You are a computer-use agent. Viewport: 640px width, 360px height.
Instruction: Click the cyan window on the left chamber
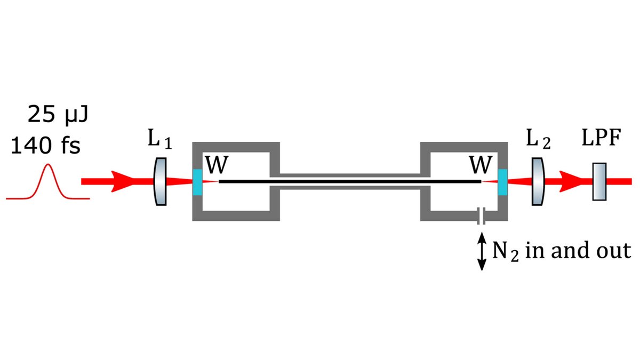click(x=198, y=182)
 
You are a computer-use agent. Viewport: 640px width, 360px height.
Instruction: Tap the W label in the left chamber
click(x=215, y=166)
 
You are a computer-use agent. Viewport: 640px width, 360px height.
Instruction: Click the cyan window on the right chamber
click(x=501, y=182)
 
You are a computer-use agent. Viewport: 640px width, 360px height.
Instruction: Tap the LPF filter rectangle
click(x=600, y=182)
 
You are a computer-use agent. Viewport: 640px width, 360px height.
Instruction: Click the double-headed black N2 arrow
click(x=482, y=253)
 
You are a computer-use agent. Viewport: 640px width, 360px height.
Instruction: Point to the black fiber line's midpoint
click(x=350, y=182)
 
